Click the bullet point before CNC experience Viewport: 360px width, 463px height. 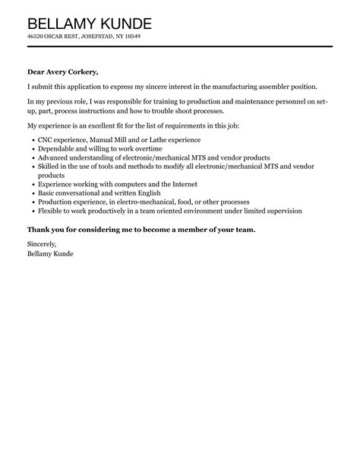tap(30, 141)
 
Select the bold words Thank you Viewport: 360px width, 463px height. tap(44, 230)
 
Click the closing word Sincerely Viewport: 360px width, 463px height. tap(42, 244)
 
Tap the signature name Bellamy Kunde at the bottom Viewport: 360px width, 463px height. tap(50, 254)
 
